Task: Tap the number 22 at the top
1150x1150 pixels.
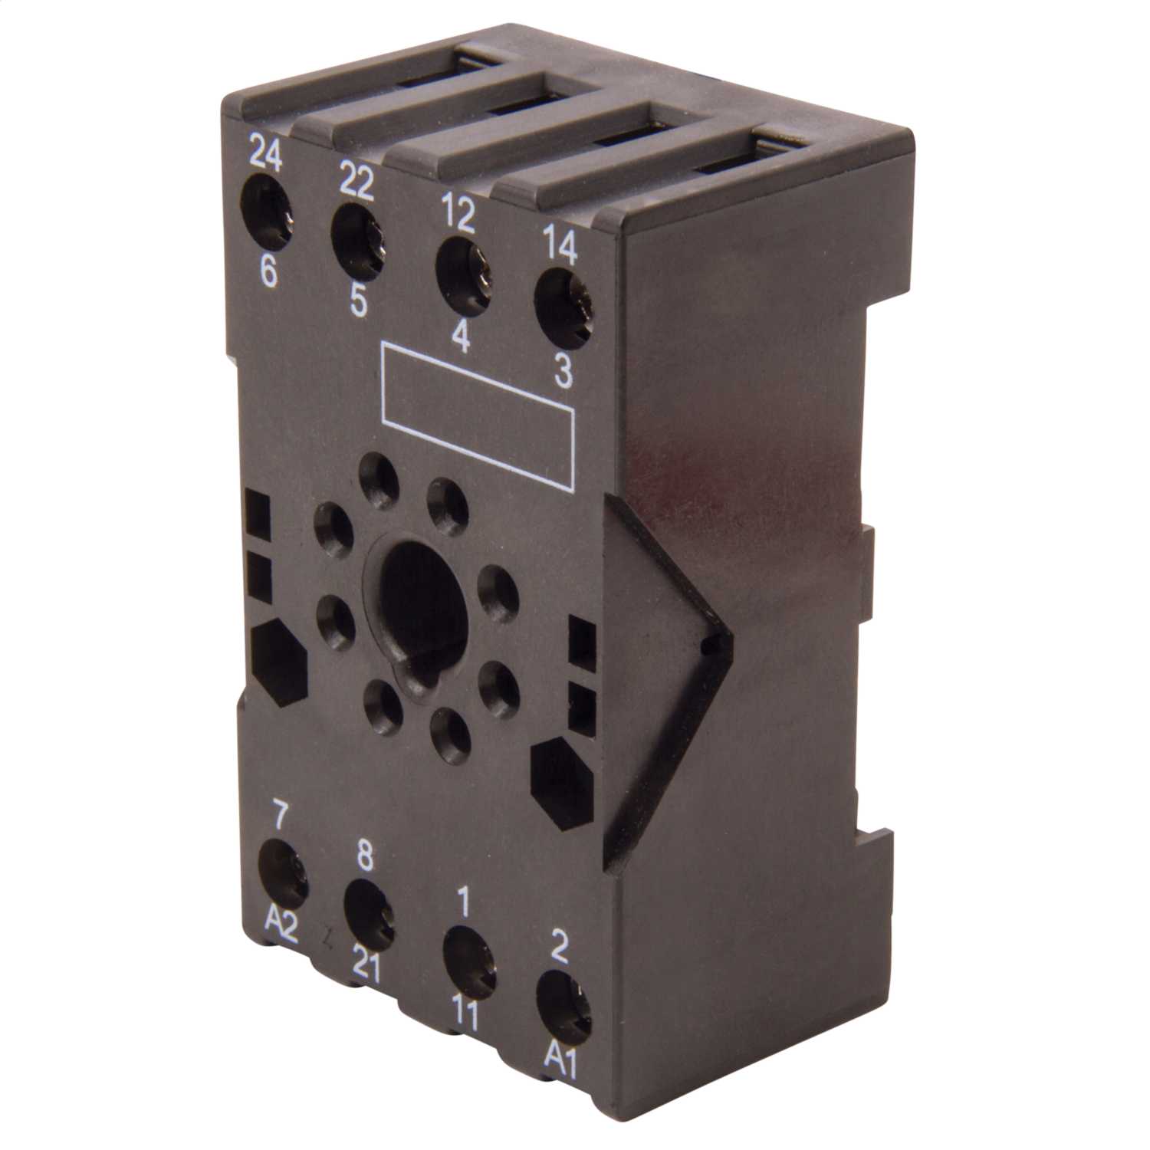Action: pos(356,184)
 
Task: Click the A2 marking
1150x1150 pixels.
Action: pos(281,927)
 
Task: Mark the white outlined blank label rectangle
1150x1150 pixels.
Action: pos(477,414)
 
